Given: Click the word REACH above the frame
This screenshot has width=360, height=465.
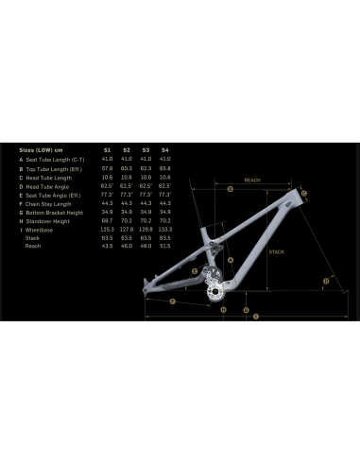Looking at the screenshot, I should (x=252, y=179).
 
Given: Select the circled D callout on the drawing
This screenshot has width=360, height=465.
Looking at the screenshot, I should (x=326, y=281).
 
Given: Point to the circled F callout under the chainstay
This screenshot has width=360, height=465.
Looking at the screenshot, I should (x=174, y=301).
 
